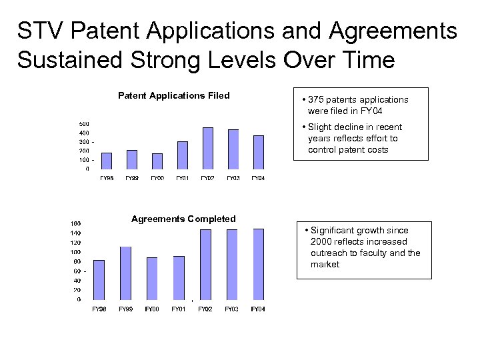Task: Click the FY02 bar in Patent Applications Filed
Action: click(x=208, y=148)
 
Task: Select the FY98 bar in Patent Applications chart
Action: click(x=107, y=161)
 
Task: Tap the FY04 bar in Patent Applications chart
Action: click(x=259, y=152)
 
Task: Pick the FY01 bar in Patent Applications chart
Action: click(x=183, y=155)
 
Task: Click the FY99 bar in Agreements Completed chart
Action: click(x=125, y=273)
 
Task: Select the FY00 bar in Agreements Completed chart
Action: click(x=152, y=279)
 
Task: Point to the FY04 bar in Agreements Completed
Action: click(x=258, y=264)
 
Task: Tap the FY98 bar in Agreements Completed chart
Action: click(x=99, y=280)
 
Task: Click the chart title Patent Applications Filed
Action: click(x=173, y=95)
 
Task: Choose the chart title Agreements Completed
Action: click(x=183, y=219)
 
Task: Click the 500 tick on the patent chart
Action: click(x=85, y=124)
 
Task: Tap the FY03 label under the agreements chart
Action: click(x=231, y=309)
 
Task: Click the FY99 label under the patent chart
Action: click(x=131, y=178)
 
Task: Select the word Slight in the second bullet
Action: click(x=321, y=127)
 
